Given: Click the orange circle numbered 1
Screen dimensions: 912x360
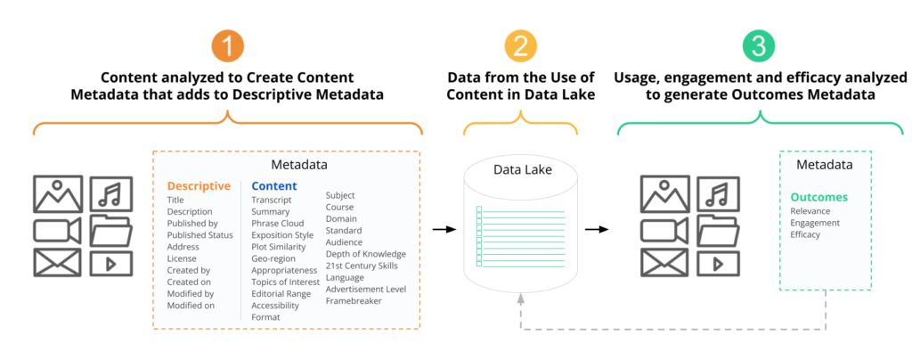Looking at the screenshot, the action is click(x=227, y=46).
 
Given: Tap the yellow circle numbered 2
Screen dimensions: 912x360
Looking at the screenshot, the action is click(x=520, y=46).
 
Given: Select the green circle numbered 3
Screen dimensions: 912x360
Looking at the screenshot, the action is click(x=759, y=46).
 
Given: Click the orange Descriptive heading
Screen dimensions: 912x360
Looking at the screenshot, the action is click(x=199, y=186).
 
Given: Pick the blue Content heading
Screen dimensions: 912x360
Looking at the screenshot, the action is click(x=274, y=186).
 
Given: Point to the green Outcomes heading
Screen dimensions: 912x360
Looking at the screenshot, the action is click(x=818, y=197).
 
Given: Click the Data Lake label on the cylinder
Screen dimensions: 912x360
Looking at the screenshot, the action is click(x=520, y=170).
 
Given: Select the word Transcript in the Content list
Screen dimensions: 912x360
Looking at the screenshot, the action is click(x=271, y=200).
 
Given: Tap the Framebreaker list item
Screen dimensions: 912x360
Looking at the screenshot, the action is click(x=354, y=300).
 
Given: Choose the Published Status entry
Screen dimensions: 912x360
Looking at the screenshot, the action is click(x=200, y=235).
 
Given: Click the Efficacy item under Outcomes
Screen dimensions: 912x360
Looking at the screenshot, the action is click(x=805, y=234).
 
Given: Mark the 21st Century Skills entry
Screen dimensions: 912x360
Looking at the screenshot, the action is click(x=362, y=266).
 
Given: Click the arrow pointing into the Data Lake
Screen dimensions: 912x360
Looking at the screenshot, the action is click(x=444, y=230).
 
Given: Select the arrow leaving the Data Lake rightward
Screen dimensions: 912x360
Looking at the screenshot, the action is click(x=596, y=230).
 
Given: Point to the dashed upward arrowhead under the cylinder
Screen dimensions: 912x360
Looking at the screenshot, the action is click(x=520, y=298).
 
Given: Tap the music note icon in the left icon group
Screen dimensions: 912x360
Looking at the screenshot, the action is click(x=111, y=193).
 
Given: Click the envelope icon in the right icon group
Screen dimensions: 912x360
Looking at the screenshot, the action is click(x=664, y=262).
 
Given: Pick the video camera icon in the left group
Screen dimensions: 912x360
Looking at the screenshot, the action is click(x=57, y=230).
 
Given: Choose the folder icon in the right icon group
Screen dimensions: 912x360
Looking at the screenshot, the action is click(x=719, y=230).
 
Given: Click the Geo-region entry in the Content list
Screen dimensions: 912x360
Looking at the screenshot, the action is click(x=273, y=258).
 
